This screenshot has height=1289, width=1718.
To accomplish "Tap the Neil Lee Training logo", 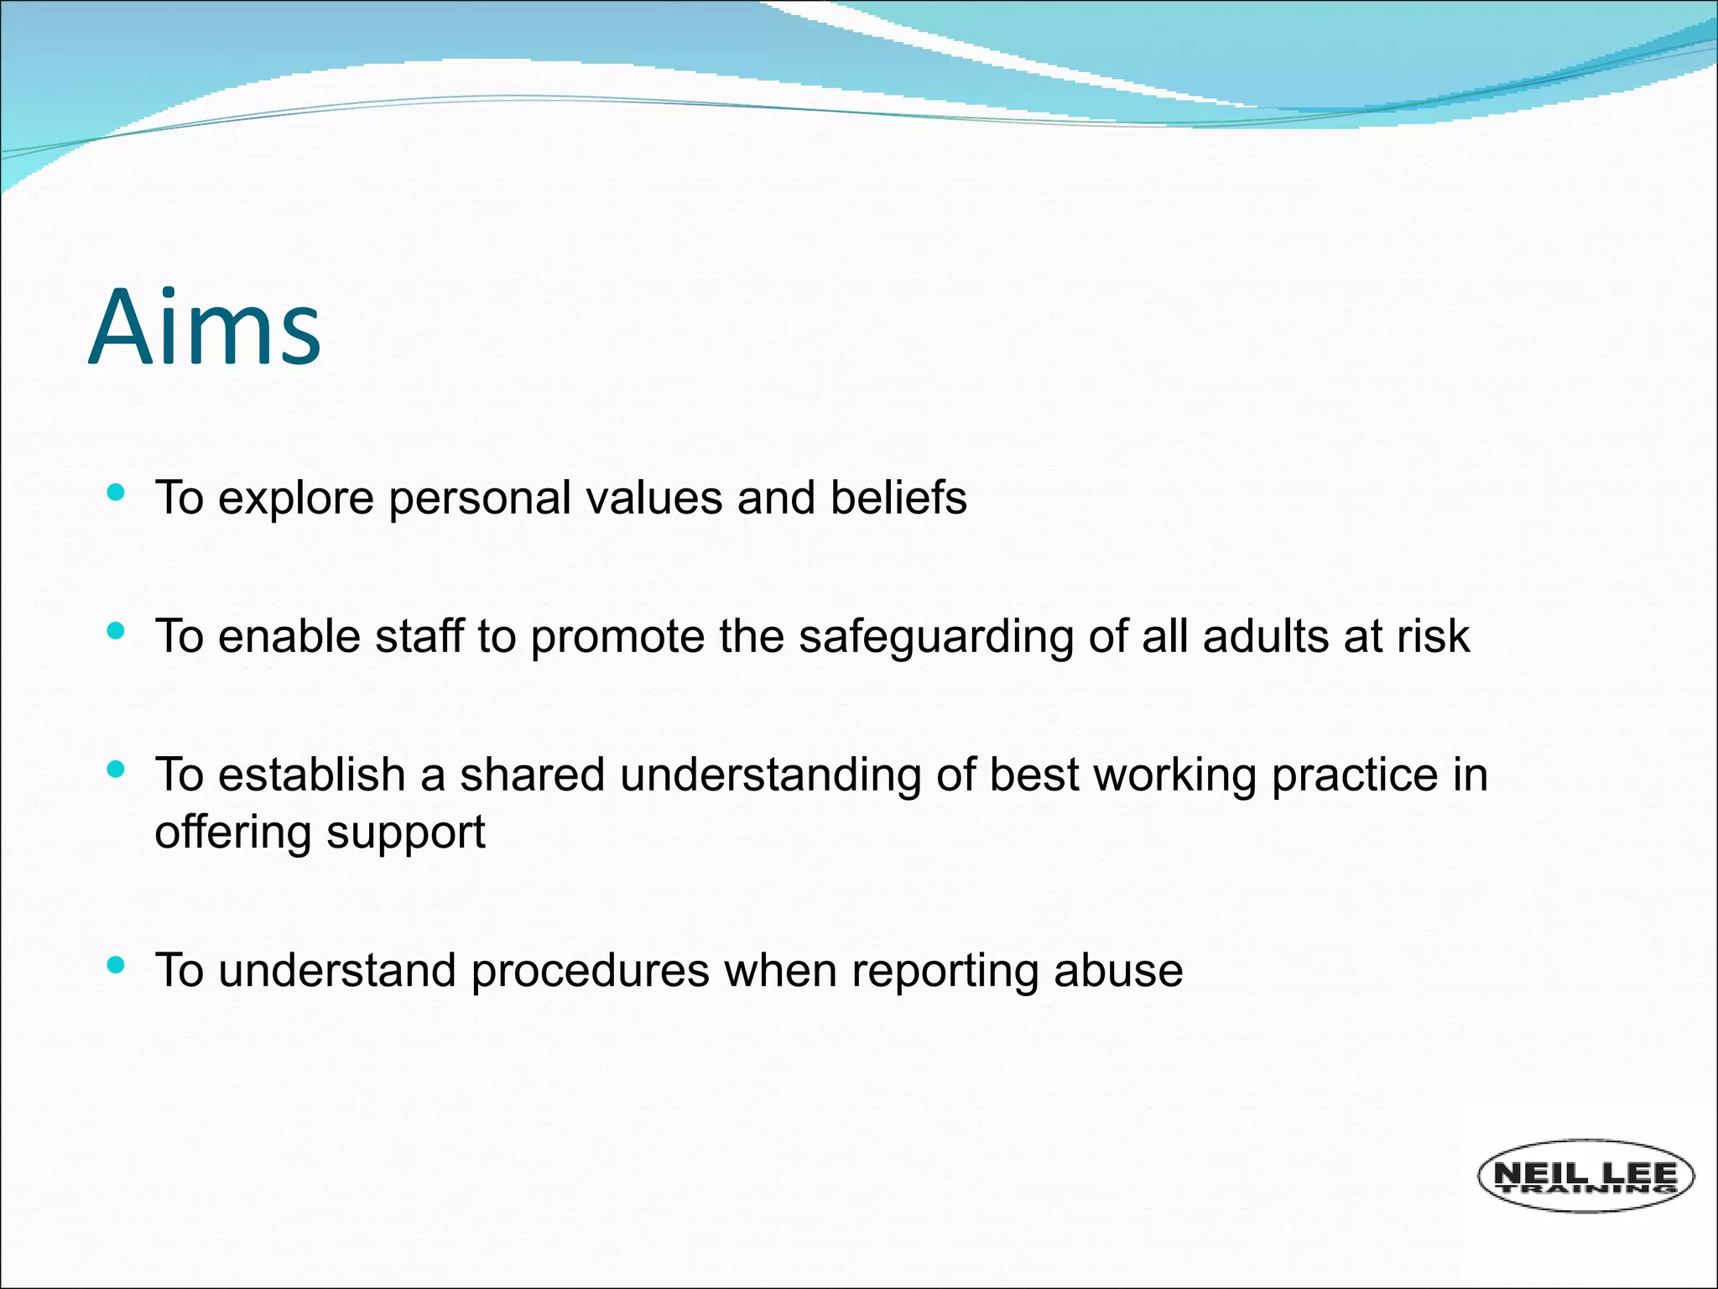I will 1585,1176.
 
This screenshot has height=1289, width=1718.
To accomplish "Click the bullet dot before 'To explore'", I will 117,493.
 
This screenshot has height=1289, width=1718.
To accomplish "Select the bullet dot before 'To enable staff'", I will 117,631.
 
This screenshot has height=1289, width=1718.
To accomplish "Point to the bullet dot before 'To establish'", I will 117,769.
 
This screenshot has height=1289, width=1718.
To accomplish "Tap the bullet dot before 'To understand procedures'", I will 117,965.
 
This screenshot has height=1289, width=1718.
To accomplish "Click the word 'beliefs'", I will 898,498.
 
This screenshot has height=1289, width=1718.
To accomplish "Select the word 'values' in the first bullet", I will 653,498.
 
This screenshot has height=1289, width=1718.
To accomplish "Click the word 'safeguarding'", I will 935,636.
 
